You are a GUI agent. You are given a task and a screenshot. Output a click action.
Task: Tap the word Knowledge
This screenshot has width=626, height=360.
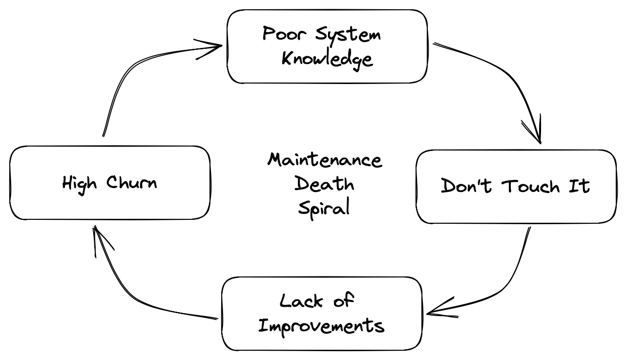pyautogui.click(x=327, y=59)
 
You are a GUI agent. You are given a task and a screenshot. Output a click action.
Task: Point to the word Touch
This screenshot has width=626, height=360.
pyautogui.click(x=531, y=186)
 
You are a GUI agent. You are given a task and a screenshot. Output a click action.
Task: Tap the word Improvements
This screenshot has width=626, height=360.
pyautogui.click(x=321, y=325)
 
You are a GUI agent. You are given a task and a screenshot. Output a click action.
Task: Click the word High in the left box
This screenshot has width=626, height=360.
pyautogui.click(x=80, y=184)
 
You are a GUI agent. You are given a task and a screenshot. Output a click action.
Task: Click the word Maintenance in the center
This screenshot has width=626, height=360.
pyautogui.click(x=325, y=160)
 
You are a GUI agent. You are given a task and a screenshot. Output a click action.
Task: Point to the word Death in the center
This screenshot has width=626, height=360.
pyautogui.click(x=324, y=184)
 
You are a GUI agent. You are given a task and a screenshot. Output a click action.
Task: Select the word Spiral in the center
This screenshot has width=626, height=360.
pyautogui.click(x=324, y=208)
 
